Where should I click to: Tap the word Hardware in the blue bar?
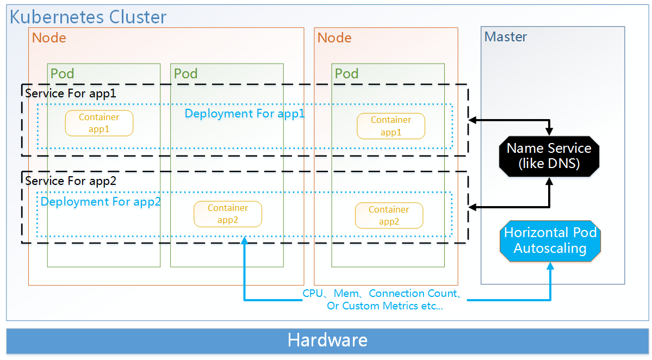tap(327, 340)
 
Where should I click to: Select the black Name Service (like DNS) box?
tap(549, 156)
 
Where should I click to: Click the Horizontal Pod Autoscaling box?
tap(550, 240)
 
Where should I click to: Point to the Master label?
tap(506, 37)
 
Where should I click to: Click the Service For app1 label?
tap(71, 93)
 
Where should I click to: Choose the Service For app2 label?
tap(71, 181)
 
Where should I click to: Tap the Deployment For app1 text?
tap(245, 114)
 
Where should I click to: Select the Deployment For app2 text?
tap(101, 202)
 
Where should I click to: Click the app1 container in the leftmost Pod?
tap(99, 123)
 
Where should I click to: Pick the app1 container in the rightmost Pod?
tap(391, 126)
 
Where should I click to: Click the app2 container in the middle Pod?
tap(228, 214)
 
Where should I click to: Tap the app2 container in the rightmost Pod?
tap(389, 215)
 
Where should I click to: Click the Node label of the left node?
tap(49, 38)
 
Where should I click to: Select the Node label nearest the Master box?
tap(334, 38)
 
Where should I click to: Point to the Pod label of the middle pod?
tap(185, 73)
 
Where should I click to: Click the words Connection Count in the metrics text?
tap(413, 294)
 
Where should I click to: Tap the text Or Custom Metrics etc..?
tap(385, 306)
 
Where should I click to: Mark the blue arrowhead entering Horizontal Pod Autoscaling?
tap(551, 266)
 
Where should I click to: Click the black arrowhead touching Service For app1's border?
tap(472, 119)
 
